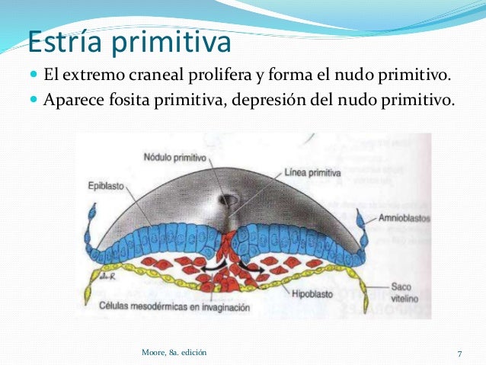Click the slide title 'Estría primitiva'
click(x=129, y=43)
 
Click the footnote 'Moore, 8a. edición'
click(x=174, y=352)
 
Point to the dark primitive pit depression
click(x=229, y=200)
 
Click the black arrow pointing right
click(x=250, y=267)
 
